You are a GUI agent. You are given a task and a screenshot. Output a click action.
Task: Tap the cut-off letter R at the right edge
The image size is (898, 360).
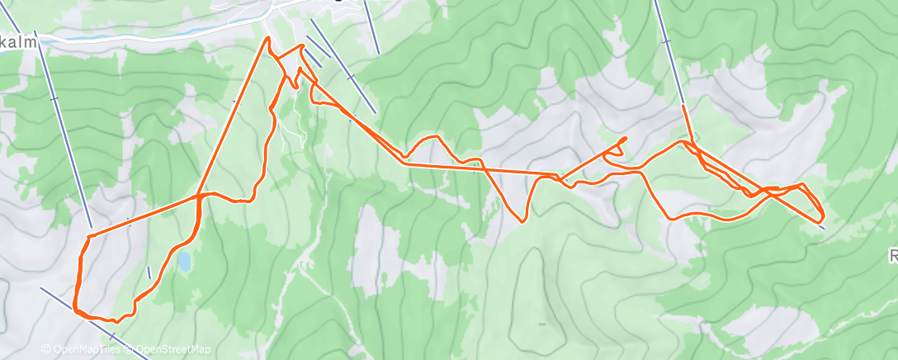coord(893,257)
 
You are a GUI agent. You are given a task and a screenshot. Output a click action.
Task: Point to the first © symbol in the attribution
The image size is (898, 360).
coord(45,349)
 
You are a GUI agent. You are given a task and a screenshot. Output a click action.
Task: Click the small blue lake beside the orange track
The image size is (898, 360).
coord(183,263)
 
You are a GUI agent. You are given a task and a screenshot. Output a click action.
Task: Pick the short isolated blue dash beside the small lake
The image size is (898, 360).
coord(149,272)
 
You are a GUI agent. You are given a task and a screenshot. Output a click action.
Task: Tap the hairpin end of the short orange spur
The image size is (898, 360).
coord(626,138)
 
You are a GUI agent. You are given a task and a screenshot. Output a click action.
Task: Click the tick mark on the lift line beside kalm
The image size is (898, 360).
coord(54,99)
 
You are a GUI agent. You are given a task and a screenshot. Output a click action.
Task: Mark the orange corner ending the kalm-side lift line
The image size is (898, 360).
coord(88,236)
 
